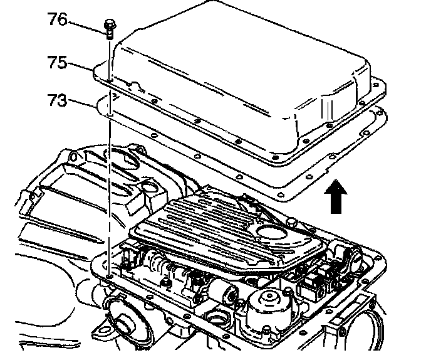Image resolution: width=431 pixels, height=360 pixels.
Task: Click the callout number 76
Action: pyautogui.click(x=58, y=19)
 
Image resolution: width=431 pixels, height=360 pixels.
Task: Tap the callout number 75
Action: pyautogui.click(x=58, y=62)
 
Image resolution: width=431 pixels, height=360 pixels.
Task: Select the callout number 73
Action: pyautogui.click(x=58, y=100)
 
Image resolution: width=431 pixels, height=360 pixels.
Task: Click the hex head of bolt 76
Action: pyautogui.click(x=110, y=24)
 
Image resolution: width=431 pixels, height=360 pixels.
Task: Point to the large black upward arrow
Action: pyautogui.click(x=336, y=196)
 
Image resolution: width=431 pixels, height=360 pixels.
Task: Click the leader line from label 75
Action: pyautogui.click(x=80, y=66)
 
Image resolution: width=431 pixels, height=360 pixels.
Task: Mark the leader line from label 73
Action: pyautogui.click(x=81, y=103)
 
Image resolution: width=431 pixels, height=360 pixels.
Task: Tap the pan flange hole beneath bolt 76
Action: pyautogui.click(x=110, y=80)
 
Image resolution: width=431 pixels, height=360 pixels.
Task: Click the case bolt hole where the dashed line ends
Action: pyautogui.click(x=110, y=276)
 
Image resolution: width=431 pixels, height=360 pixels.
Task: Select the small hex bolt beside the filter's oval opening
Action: pyautogui.click(x=291, y=222)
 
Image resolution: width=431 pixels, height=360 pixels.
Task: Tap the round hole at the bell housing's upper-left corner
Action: pyautogui.click(x=73, y=157)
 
